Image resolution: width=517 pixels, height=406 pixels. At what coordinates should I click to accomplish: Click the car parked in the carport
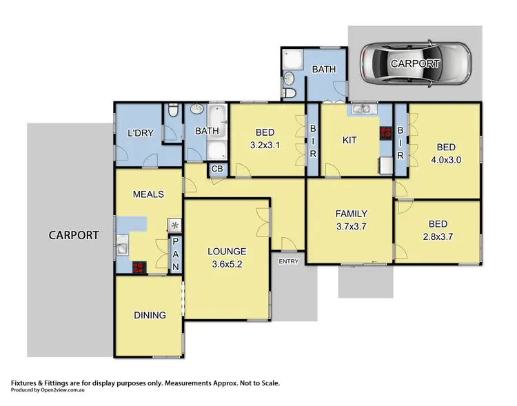click(415, 63)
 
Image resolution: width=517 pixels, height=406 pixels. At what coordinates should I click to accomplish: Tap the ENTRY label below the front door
click(288, 261)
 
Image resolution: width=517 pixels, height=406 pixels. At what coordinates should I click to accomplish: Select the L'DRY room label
click(139, 134)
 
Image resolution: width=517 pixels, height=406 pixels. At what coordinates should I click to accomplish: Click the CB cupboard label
click(216, 169)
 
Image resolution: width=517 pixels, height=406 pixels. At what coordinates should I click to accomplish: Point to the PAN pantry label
click(175, 254)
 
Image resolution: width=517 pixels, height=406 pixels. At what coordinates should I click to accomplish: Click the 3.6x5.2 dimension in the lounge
click(227, 263)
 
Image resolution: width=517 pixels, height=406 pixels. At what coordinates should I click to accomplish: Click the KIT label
click(349, 140)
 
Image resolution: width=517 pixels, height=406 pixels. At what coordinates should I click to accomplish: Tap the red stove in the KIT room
click(385, 134)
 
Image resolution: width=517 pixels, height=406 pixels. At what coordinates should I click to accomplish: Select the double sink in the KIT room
click(360, 109)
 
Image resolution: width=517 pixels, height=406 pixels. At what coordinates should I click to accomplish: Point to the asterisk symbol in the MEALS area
click(174, 225)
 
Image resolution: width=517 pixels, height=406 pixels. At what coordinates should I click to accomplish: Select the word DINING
click(150, 315)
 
